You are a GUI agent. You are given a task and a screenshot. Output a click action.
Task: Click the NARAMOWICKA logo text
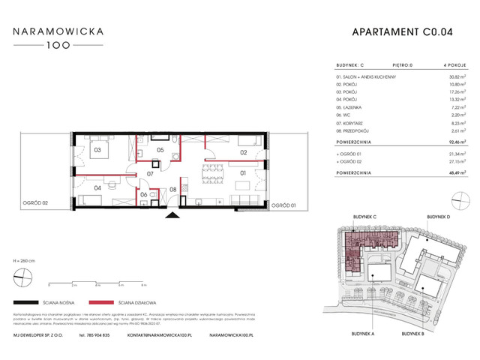(62, 32)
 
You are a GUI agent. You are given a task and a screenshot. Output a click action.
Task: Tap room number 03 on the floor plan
(97, 150)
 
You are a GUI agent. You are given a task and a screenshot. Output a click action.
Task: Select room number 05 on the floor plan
(160, 150)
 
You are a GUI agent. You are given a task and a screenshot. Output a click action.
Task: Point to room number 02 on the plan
(244, 152)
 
